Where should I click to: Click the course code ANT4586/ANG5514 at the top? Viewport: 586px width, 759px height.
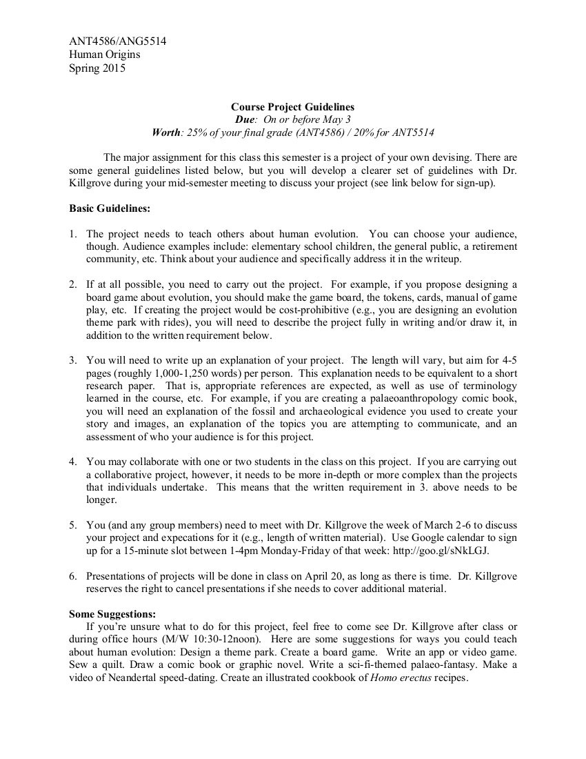coord(117,41)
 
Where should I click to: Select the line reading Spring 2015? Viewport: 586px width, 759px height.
coord(97,68)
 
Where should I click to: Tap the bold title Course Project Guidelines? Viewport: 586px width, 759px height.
coord(293,107)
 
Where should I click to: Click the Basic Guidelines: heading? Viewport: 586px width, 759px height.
coord(110,208)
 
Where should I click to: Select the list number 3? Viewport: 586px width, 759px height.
coord(73,360)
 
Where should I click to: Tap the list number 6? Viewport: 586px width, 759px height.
coord(73,576)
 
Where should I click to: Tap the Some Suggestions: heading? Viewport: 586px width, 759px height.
coord(113,614)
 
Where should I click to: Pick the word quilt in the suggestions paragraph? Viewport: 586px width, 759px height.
coord(113,664)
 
